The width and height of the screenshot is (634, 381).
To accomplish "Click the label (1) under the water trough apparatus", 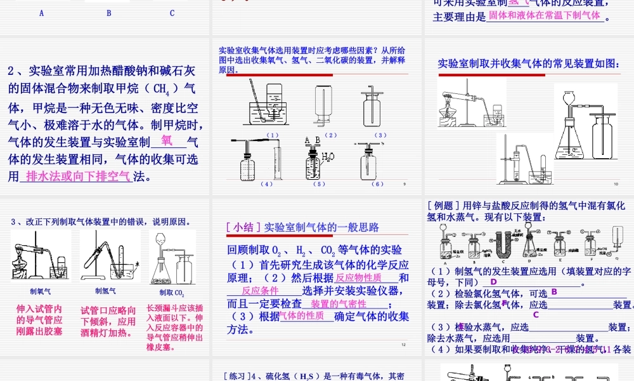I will pos(273,135).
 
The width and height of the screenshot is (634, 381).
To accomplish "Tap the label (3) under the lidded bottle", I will pos(380,135).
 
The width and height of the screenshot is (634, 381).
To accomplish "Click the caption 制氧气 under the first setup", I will pos(41,291).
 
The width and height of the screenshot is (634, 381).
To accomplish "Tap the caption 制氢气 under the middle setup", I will pos(105,291).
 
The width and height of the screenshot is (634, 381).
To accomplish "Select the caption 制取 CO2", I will pos(171,293).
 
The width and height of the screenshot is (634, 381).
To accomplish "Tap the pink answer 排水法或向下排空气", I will pos(75,177).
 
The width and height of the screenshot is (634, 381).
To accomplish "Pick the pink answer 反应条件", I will pos(261,290).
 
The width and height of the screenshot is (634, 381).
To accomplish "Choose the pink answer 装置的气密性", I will pos(339,304).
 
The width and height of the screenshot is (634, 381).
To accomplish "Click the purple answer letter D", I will pos(493,282).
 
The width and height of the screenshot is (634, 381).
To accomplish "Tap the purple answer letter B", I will pos(553,291).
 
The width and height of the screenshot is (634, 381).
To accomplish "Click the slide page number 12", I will pos(403,345).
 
